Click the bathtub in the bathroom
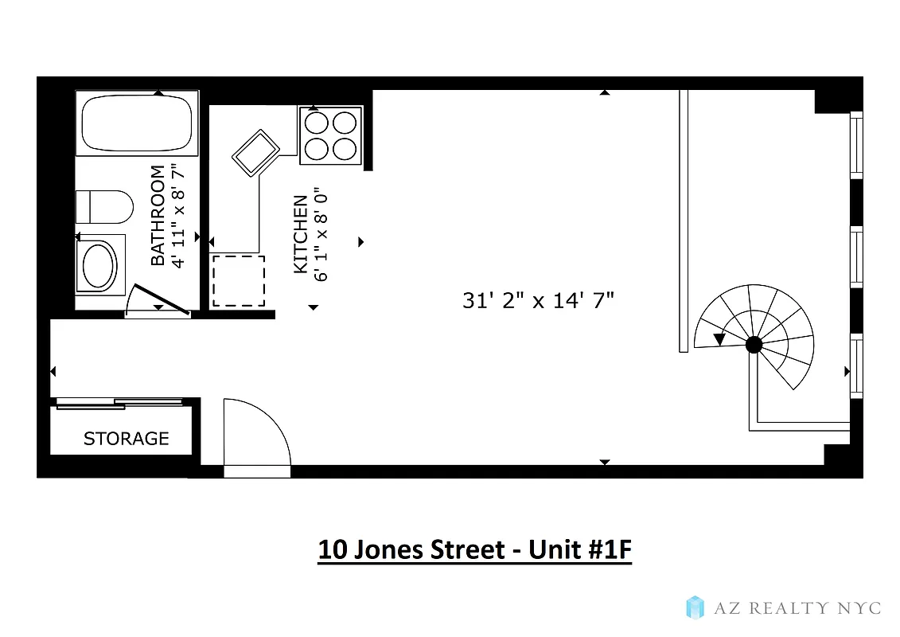click(138, 123)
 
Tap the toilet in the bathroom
click(104, 207)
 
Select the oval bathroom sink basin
click(100, 265)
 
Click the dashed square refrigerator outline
click(238, 280)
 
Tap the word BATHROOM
click(158, 215)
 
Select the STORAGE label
click(127, 439)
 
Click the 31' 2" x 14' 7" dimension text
click(539, 300)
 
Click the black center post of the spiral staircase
click(754, 345)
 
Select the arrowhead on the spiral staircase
click(720, 339)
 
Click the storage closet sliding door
click(119, 403)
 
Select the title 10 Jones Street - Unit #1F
click(474, 550)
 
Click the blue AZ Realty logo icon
click(695, 608)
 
